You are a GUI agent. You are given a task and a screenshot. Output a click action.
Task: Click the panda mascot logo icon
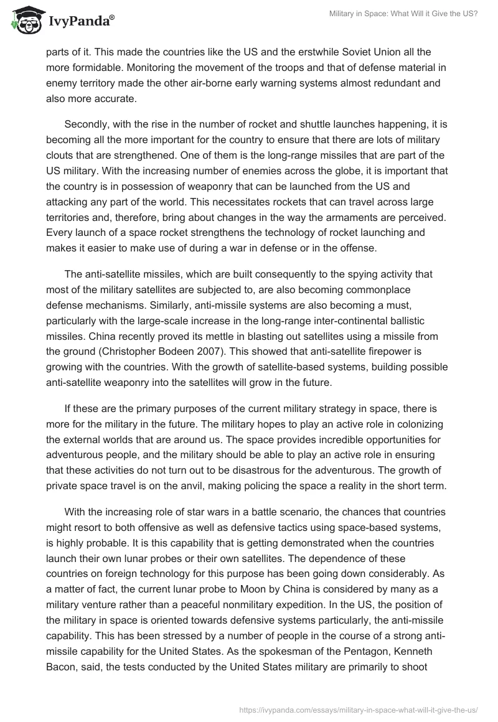point(24,20)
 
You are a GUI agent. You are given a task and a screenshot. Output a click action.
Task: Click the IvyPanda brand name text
point(80,21)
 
